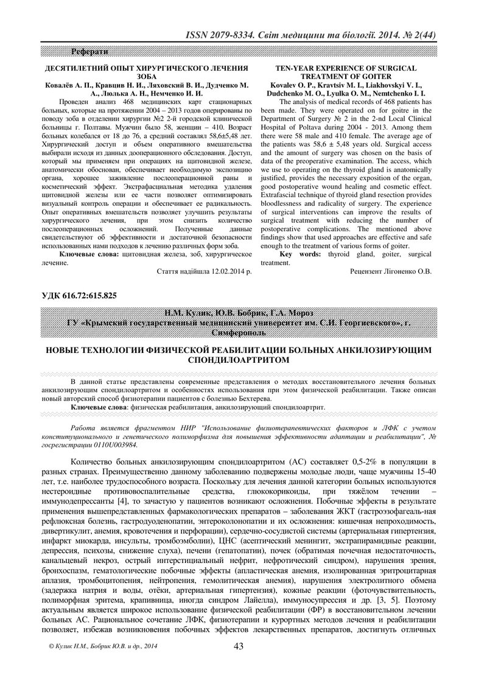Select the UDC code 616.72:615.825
[92, 296]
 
